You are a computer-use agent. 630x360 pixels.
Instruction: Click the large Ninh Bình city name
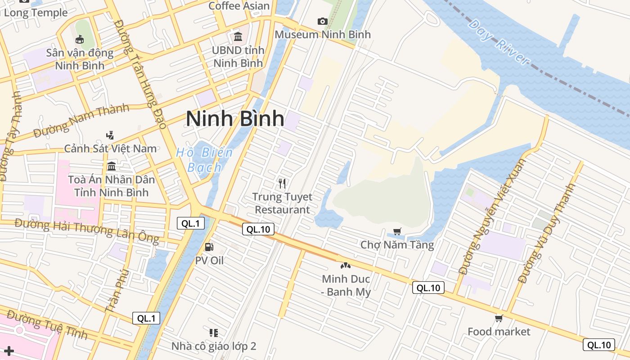pos(235,119)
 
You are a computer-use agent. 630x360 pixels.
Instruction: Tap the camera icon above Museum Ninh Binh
pos(322,21)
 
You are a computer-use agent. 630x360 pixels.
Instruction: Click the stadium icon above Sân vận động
pos(80,40)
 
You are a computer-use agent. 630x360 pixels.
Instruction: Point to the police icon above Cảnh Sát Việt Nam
pos(110,135)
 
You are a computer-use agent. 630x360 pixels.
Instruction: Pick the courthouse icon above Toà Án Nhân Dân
pos(111,166)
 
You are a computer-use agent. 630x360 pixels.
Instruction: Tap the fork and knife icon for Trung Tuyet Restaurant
pos(282,183)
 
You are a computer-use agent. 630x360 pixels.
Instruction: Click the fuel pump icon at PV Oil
pos(209,247)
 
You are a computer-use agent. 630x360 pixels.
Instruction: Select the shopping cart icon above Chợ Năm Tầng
pos(397,231)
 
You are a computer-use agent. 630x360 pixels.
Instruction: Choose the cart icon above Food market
pos(499,319)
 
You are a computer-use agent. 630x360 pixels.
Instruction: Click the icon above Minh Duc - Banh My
pos(346,266)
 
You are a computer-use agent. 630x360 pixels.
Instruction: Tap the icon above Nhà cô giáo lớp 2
pos(214,333)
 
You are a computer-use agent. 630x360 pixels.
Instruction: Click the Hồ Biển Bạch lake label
pos(204,160)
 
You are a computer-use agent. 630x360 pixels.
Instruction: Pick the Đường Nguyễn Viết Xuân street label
pos(492,216)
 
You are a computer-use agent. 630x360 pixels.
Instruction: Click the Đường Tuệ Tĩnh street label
pos(47,324)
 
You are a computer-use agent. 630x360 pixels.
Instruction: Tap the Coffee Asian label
pos(239,6)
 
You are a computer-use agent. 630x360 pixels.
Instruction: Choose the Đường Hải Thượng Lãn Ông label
pos(86,230)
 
